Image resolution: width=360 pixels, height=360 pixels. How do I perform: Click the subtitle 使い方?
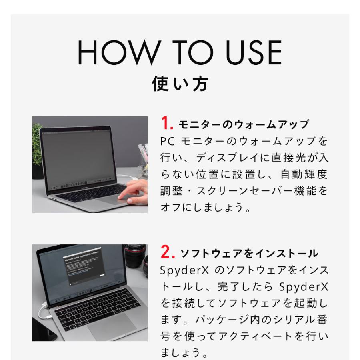click(180, 84)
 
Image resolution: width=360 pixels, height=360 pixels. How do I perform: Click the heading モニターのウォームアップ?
click(243, 124)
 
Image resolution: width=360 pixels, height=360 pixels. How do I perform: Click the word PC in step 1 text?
click(167, 141)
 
